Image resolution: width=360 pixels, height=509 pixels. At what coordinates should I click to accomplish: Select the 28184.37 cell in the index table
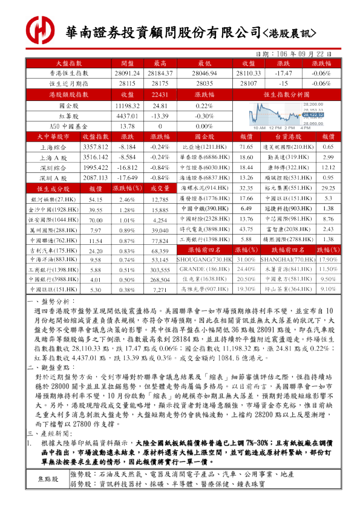coord(160,73)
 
